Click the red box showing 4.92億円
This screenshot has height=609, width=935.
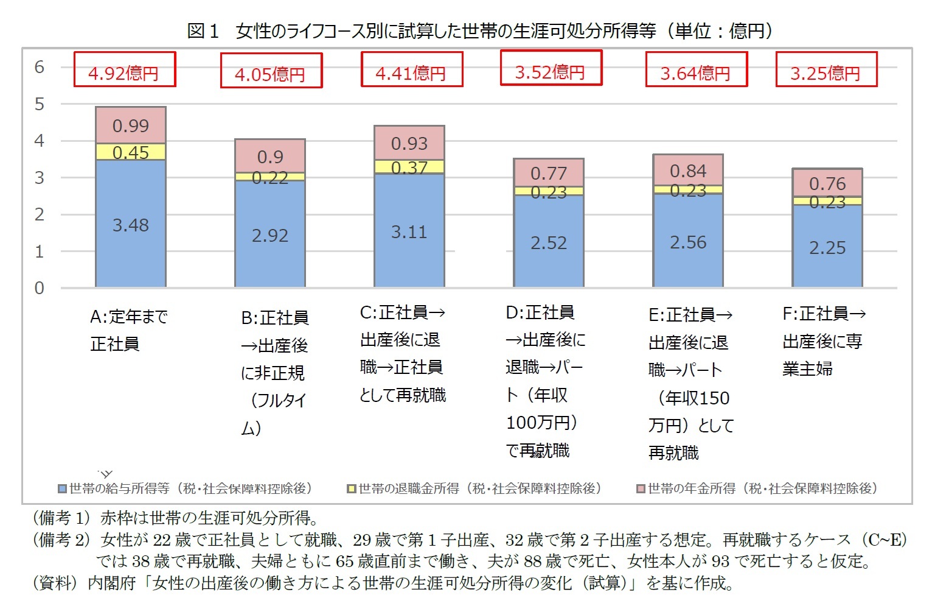click(125, 70)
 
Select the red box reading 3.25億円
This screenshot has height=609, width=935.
click(826, 70)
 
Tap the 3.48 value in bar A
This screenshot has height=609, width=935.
click(131, 225)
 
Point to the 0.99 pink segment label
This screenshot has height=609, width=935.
click(131, 126)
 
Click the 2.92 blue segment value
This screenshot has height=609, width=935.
click(270, 236)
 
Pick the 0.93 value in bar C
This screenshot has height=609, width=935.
click(409, 144)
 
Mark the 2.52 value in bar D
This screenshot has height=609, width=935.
click(549, 243)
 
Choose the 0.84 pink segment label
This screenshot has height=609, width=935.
click(688, 171)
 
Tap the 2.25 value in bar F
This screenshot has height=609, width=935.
click(827, 248)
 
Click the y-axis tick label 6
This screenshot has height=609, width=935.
click(40, 67)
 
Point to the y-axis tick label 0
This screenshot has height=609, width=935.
click(40, 288)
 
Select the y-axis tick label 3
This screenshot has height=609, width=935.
click(40, 178)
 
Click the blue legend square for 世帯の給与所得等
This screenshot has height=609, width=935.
click(62, 489)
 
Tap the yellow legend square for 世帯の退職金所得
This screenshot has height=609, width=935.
click(351, 489)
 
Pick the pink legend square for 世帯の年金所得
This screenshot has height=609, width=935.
click(641, 489)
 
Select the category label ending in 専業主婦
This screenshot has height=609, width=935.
click(823, 341)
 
